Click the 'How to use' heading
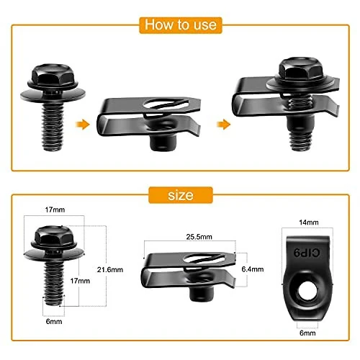pos(180,24)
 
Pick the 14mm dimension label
pos(308,224)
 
